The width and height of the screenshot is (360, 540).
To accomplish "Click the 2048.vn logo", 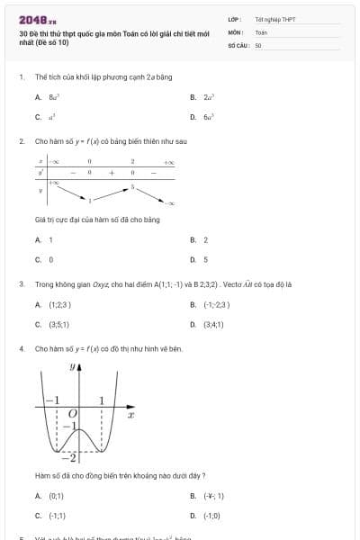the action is pos(37,20).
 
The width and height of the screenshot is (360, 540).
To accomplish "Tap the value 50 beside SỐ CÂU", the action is pos(258,44).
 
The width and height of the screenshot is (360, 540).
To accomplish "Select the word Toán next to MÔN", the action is pos(261,31).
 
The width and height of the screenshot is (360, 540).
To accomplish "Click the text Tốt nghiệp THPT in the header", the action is pos(274,19).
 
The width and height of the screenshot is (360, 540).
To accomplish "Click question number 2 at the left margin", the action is pos(21,141).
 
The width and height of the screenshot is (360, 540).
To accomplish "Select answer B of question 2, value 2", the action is pos(205,240).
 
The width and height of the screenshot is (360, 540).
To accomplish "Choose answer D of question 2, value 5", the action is pos(205,259).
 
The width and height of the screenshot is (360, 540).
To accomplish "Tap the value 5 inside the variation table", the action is pos(132,187).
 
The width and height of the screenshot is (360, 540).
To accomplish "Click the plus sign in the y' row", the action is pos(112,172).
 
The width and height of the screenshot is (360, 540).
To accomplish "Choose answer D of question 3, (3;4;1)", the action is pos(214,324).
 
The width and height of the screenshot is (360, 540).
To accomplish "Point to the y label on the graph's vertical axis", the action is pos(72,366).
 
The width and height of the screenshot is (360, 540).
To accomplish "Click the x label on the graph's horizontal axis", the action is pos(131,415).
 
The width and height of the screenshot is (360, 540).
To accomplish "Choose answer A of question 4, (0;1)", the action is pos(56,496).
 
